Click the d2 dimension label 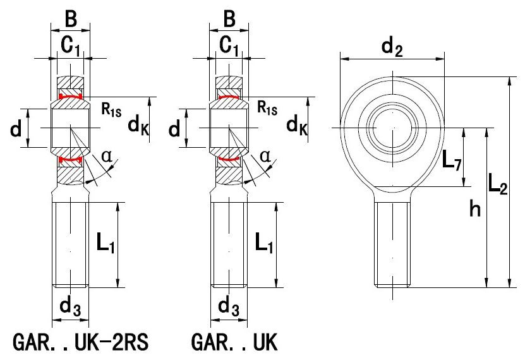(x=392, y=46)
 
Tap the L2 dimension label (x=498, y=184)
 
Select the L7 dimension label (x=452, y=160)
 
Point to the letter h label (x=475, y=209)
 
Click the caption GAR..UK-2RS (x=80, y=342)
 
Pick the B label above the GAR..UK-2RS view (x=71, y=19)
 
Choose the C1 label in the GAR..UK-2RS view (x=70, y=45)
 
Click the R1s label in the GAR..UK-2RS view (x=111, y=109)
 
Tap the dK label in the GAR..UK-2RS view (x=138, y=126)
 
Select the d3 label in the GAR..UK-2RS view (x=70, y=306)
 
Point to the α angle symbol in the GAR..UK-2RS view (x=107, y=156)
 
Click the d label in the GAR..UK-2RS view (x=16, y=128)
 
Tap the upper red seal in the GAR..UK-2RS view (x=70, y=97)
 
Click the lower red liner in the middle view (x=229, y=159)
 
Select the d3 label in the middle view (x=229, y=306)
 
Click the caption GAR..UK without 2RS (x=234, y=342)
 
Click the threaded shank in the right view (x=392, y=244)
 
